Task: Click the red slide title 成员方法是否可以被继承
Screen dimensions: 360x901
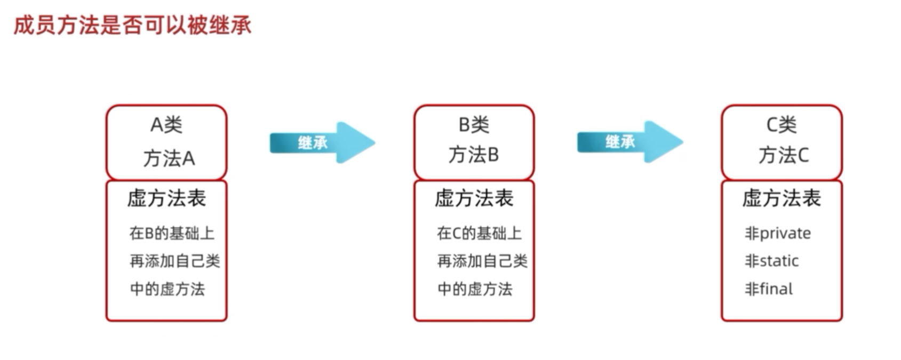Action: click(x=132, y=25)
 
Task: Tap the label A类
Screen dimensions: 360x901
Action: click(x=166, y=125)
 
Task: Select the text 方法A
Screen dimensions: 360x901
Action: click(x=169, y=158)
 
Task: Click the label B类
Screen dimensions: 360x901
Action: click(x=474, y=125)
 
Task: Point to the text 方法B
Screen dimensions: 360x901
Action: click(x=474, y=155)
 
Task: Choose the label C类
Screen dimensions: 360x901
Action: click(x=782, y=125)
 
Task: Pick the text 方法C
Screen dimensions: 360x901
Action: click(x=783, y=155)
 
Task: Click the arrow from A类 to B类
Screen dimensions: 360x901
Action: click(x=322, y=142)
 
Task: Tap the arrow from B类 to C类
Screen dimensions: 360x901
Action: click(x=629, y=142)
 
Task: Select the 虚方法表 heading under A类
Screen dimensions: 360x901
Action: click(x=166, y=198)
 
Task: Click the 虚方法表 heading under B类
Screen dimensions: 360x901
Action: click(x=474, y=198)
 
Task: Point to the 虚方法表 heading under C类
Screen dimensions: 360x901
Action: click(x=782, y=198)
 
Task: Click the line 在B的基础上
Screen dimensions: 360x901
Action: click(x=172, y=233)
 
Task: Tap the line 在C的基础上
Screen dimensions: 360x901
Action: click(x=479, y=233)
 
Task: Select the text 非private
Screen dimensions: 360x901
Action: click(x=778, y=233)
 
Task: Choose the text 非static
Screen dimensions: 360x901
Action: click(x=772, y=261)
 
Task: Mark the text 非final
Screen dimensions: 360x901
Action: click(x=769, y=289)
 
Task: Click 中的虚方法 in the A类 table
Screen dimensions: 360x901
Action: click(x=168, y=289)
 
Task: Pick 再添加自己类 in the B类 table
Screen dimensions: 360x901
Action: click(x=482, y=261)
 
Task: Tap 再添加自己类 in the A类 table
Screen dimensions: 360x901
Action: click(x=174, y=261)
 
